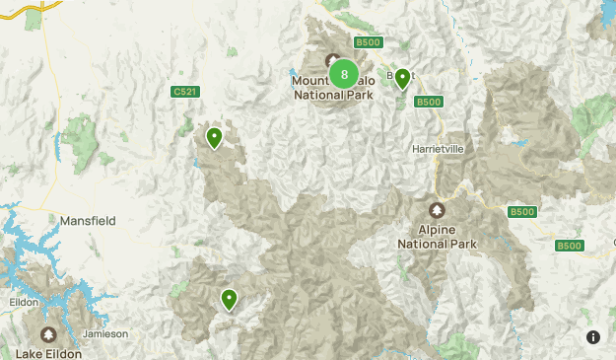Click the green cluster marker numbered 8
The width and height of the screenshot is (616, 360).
coord(343,74)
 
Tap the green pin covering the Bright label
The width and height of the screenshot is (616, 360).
coord(402,79)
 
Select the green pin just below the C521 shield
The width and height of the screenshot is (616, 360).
coord(213,138)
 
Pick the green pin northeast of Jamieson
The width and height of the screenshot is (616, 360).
coord(230,299)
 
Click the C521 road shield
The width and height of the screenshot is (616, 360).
coord(183,92)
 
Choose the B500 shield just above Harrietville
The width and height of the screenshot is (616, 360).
coord(428,102)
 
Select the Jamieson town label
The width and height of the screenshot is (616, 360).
coord(105,333)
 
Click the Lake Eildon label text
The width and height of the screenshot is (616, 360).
coord(47,351)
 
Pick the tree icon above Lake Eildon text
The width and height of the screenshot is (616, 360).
coord(47,334)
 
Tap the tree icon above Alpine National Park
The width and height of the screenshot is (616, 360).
coord(437,211)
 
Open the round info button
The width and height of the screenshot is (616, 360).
coord(593,337)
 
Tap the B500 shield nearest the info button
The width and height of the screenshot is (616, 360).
coord(569,246)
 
